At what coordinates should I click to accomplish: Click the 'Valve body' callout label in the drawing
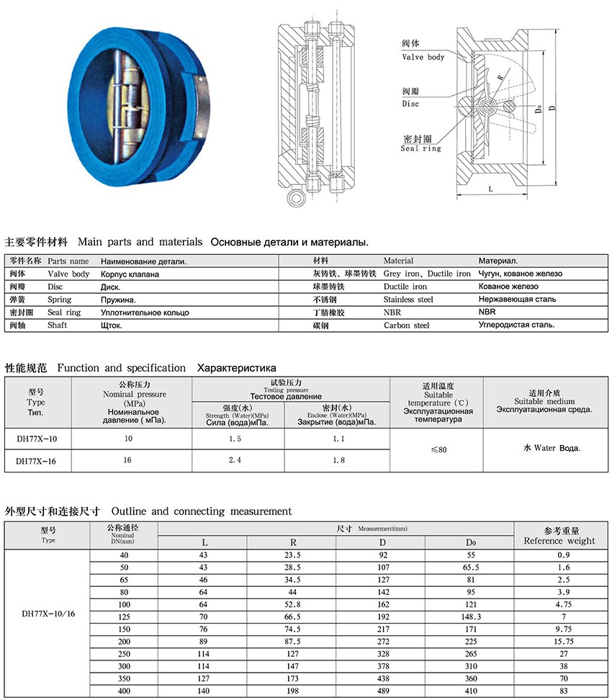[423, 57]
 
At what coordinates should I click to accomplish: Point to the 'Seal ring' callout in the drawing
[421, 148]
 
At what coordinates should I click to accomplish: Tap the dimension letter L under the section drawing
[490, 189]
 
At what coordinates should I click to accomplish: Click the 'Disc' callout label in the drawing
[410, 104]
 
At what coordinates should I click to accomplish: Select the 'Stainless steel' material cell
[408, 300]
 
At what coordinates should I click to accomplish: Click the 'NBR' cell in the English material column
[392, 313]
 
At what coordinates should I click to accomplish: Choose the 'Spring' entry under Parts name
[60, 300]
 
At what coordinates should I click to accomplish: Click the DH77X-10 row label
[36, 439]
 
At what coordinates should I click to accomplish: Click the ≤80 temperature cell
[438, 449]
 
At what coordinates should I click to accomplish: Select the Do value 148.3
[470, 616]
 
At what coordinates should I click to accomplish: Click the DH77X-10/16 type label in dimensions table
[48, 616]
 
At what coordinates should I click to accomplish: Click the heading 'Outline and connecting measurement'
[202, 511]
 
